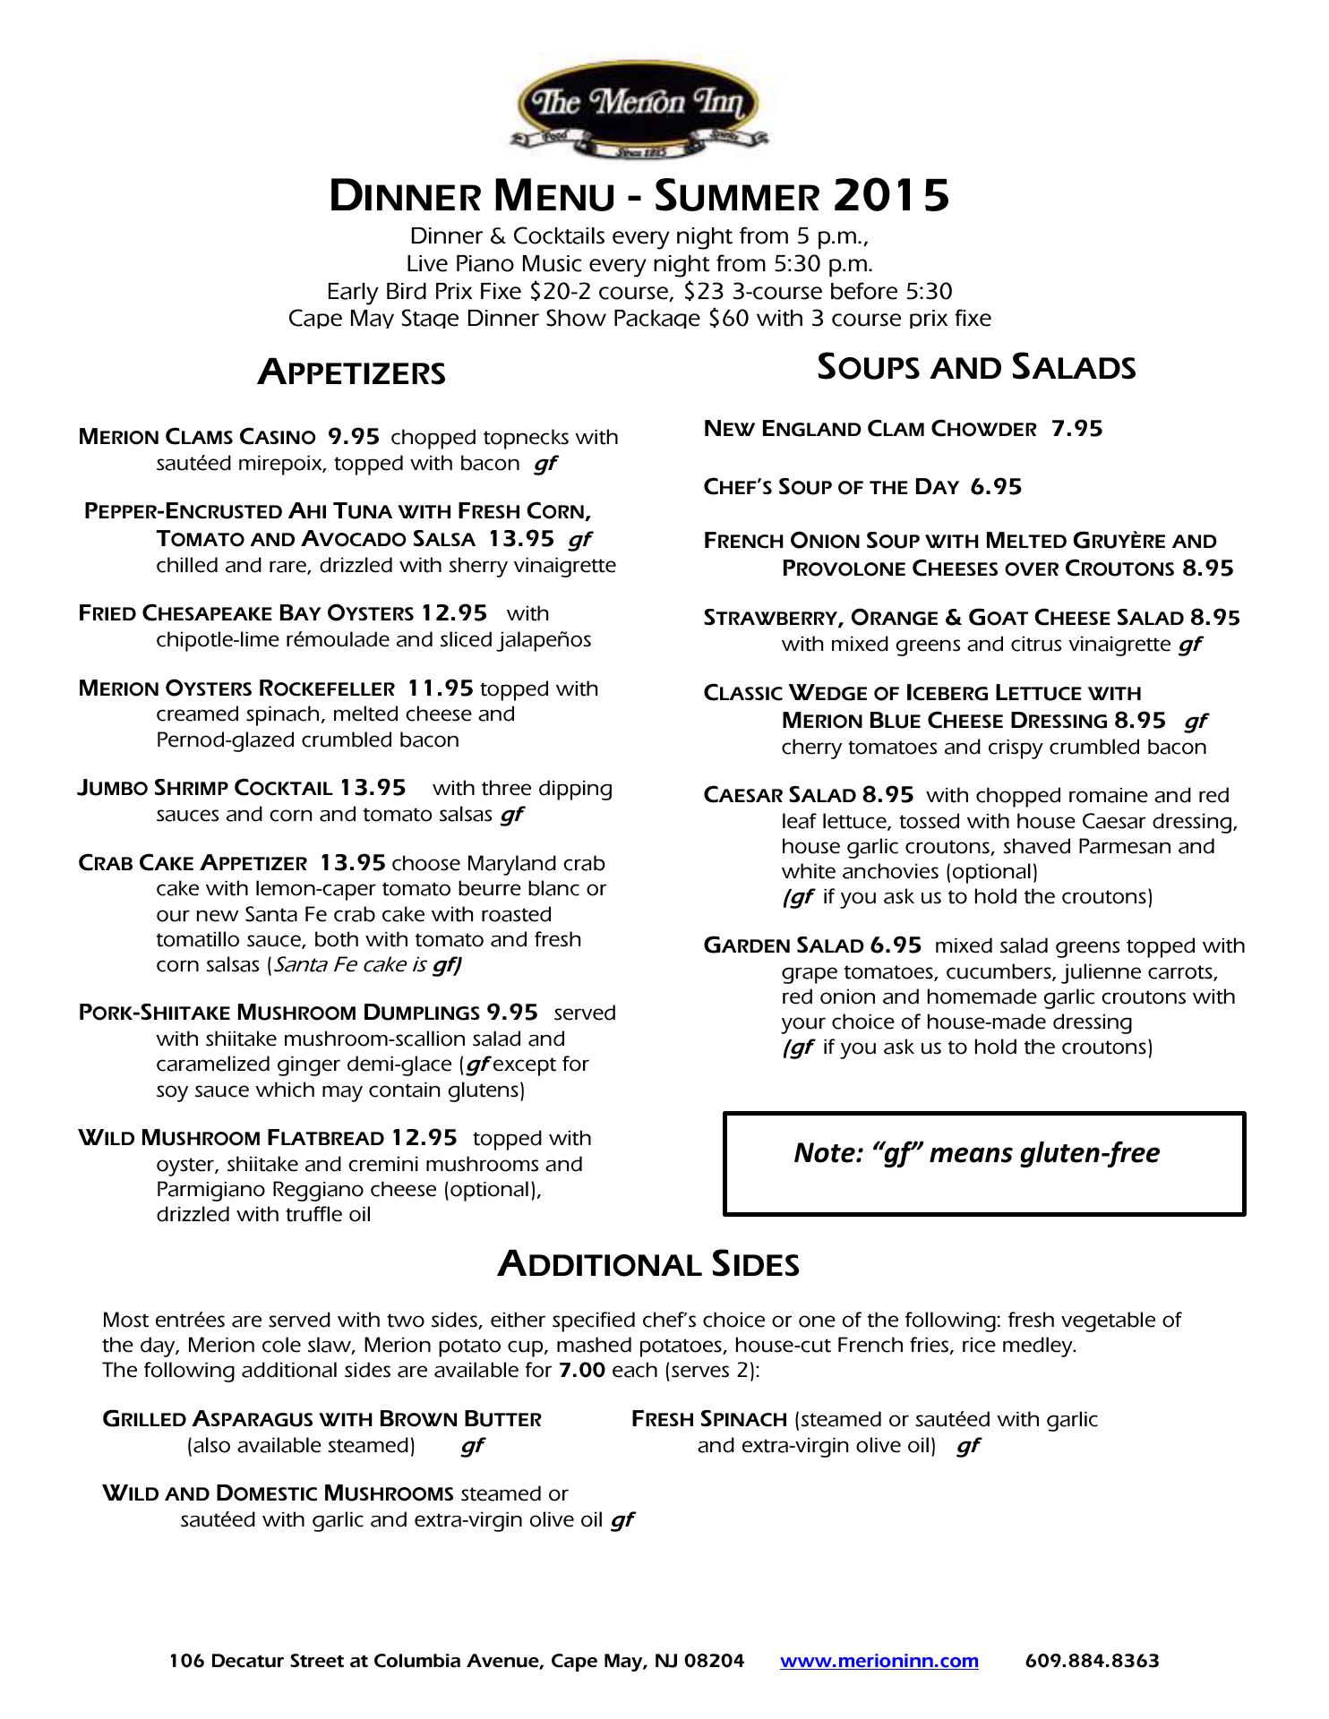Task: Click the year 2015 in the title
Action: [x=890, y=195]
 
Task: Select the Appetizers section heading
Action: [x=351, y=372]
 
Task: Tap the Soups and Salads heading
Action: [x=976, y=367]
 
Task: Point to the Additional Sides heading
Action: [x=648, y=1264]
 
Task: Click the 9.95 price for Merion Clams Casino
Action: [x=354, y=437]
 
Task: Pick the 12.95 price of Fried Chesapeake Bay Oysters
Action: [x=454, y=613]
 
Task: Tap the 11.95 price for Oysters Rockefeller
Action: [x=440, y=688]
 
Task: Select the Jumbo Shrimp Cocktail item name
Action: [x=205, y=789]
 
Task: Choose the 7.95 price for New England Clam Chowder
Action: [x=1076, y=429]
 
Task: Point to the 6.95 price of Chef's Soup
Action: [x=996, y=487]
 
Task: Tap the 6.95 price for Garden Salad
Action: [x=896, y=946]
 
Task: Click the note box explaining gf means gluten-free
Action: [x=983, y=1163]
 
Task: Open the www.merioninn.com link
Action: [x=879, y=1661]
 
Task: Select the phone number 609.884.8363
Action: [x=1092, y=1661]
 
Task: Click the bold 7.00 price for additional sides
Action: [x=581, y=1371]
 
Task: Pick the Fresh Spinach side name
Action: [x=708, y=1419]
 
